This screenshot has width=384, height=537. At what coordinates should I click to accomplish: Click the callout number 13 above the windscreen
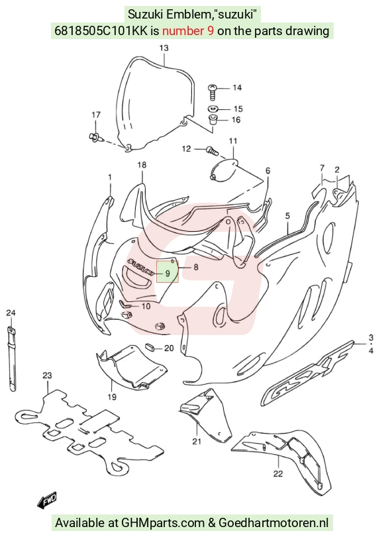pyautogui.click(x=164, y=48)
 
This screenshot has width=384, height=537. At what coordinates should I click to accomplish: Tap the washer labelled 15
pyautogui.click(x=213, y=109)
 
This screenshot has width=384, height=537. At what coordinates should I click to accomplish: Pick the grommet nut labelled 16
pyautogui.click(x=213, y=121)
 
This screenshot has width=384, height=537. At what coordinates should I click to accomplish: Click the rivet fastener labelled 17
pyautogui.click(x=94, y=137)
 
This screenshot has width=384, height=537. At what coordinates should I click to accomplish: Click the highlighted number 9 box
pyautogui.click(x=168, y=272)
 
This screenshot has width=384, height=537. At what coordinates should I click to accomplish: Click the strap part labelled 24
pyautogui.click(x=11, y=359)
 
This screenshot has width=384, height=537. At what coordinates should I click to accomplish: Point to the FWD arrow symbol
pyautogui.click(x=47, y=500)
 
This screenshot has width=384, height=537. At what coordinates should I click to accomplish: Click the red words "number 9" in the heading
pyautogui.click(x=189, y=31)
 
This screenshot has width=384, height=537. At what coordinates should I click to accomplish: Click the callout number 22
pyautogui.click(x=278, y=473)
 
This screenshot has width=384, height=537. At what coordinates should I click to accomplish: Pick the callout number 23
pyautogui.click(x=47, y=375)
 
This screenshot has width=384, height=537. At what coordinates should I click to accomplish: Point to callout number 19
pyautogui.click(x=112, y=397)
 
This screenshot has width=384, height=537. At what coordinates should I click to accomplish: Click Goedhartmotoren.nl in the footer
pyautogui.click(x=273, y=522)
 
